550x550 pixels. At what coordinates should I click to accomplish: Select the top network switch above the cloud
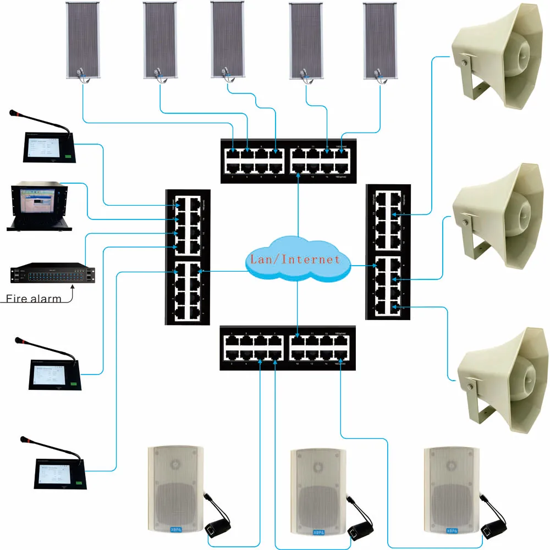(x=287, y=159)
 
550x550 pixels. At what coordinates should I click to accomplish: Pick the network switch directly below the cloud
(x=287, y=348)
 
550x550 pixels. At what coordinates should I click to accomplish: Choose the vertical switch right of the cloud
(x=388, y=252)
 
